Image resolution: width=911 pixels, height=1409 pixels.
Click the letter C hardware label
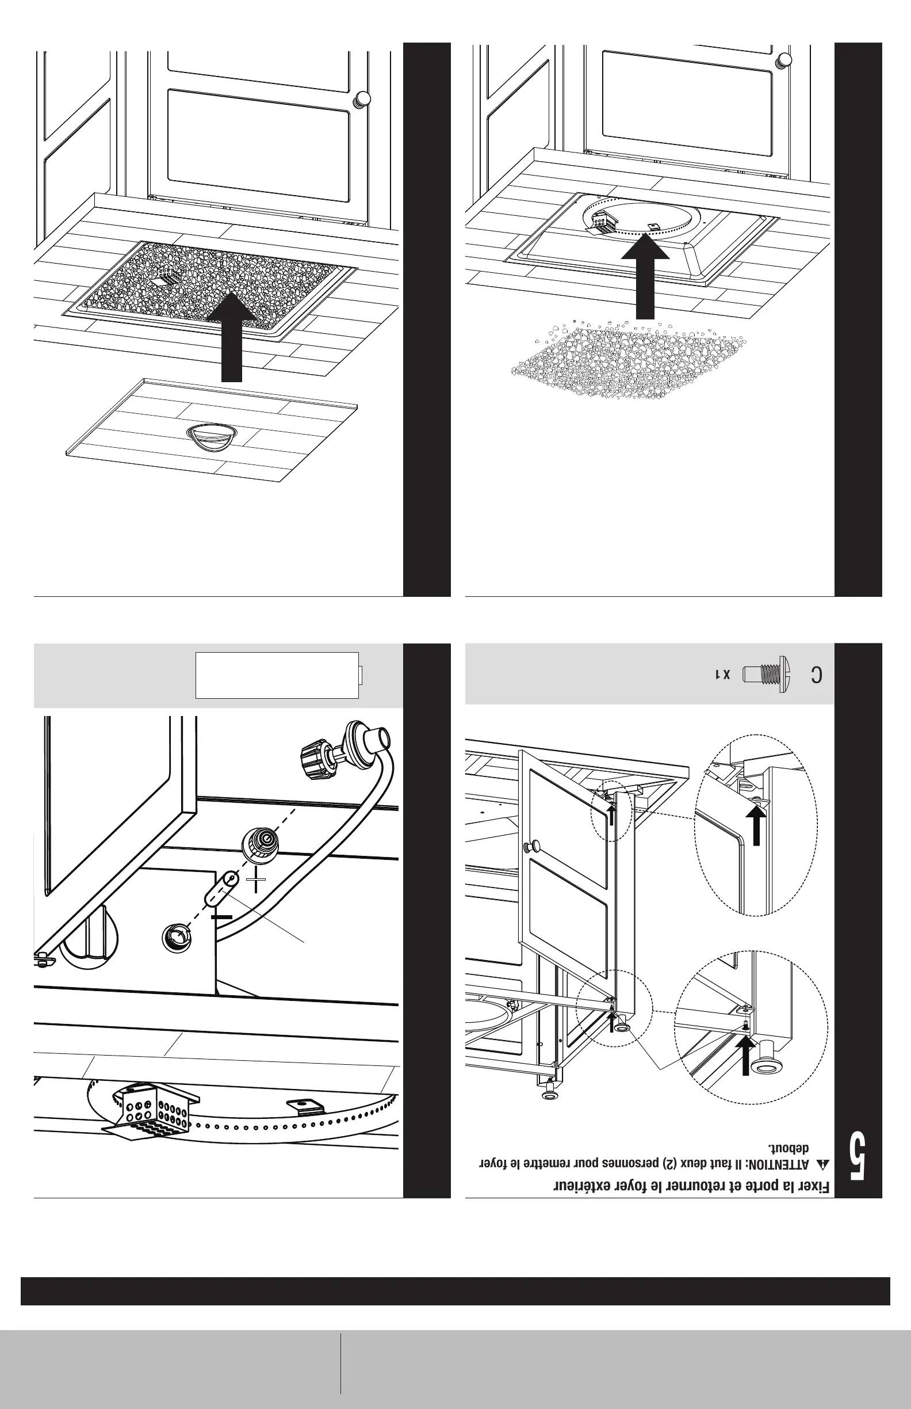click(x=816, y=675)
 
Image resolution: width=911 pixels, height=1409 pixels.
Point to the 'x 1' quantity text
click(x=723, y=675)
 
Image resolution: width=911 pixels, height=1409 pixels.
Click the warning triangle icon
click(x=823, y=1164)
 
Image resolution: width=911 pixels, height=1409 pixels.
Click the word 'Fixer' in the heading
click(x=814, y=1186)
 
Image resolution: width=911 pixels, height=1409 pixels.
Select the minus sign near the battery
click(x=221, y=917)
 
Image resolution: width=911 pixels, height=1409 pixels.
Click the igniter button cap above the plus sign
click(x=261, y=844)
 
